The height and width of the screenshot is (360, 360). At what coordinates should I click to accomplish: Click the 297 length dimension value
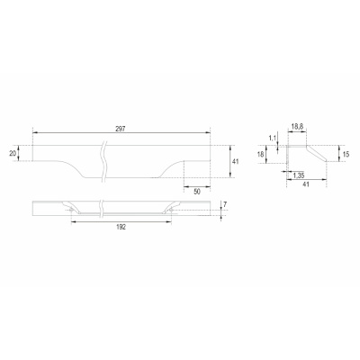coord(120,129)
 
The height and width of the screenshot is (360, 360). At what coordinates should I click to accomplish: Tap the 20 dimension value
coord(13,153)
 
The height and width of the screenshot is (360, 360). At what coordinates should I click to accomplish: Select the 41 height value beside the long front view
coord(236,162)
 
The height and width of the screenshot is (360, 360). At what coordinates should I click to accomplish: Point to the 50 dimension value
coord(197,192)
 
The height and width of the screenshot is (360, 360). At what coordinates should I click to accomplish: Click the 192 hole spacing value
coord(121,227)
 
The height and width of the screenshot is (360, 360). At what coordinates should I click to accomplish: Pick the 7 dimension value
coord(225,204)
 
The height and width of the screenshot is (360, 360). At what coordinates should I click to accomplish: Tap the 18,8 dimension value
coord(297,127)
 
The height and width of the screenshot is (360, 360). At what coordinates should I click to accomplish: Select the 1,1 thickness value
coord(272,139)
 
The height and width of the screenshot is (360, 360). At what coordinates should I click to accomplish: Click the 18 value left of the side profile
coord(260,155)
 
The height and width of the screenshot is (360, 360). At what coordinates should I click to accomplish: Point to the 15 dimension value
coord(346,155)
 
